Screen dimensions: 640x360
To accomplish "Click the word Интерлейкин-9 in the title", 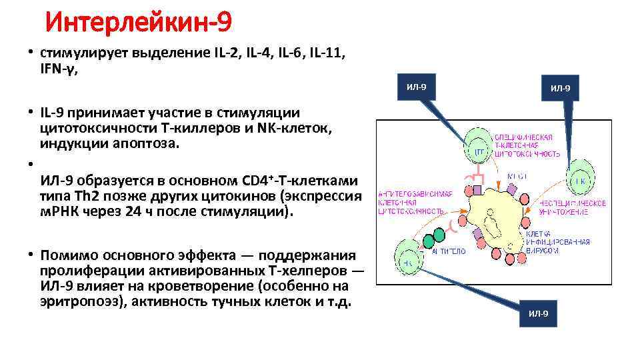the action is click(139, 23).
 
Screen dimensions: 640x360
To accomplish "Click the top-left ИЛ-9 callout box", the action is click(416, 86).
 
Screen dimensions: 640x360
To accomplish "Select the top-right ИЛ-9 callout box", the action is click(560, 87).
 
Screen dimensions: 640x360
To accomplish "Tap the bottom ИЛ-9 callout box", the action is click(538, 314).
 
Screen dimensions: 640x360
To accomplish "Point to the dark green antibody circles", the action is click(431, 235).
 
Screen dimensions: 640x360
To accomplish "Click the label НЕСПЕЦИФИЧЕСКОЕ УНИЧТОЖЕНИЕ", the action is click(573, 207).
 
